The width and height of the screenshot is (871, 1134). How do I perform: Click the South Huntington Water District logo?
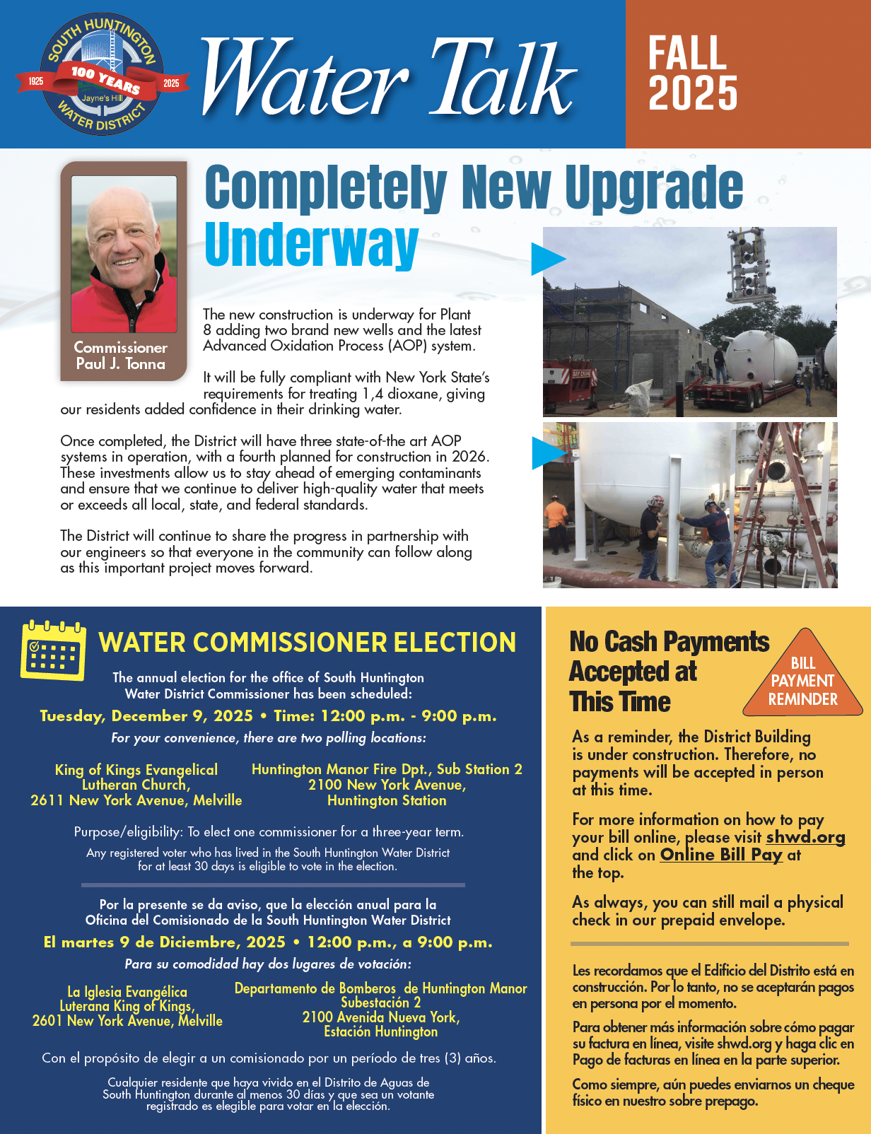[x=103, y=74]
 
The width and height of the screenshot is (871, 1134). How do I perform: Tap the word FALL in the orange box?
[x=687, y=54]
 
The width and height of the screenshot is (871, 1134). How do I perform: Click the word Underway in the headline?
[x=311, y=245]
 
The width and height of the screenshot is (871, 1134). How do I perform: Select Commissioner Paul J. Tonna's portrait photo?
[x=124, y=255]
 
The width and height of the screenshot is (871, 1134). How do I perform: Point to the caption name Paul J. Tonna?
[x=121, y=364]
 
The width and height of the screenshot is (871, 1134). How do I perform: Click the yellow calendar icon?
[x=54, y=650]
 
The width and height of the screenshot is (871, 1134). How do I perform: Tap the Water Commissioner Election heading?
[x=308, y=643]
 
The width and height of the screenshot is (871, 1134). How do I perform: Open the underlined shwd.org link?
[x=805, y=838]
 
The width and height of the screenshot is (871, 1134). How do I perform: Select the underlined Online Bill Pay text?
[x=720, y=855]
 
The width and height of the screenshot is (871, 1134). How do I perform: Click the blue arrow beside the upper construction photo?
[x=548, y=259]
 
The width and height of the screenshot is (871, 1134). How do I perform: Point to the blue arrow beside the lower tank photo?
[x=548, y=453]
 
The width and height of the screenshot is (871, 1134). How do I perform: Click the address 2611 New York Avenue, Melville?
[x=136, y=800]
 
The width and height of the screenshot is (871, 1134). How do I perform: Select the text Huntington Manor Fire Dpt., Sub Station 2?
[x=387, y=769]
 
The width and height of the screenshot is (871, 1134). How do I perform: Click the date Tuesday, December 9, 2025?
[x=146, y=716]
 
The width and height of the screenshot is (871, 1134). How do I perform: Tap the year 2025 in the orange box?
[x=693, y=93]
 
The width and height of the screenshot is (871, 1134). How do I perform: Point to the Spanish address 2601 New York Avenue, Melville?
[x=127, y=1021]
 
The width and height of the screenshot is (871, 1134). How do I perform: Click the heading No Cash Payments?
[x=669, y=642]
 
